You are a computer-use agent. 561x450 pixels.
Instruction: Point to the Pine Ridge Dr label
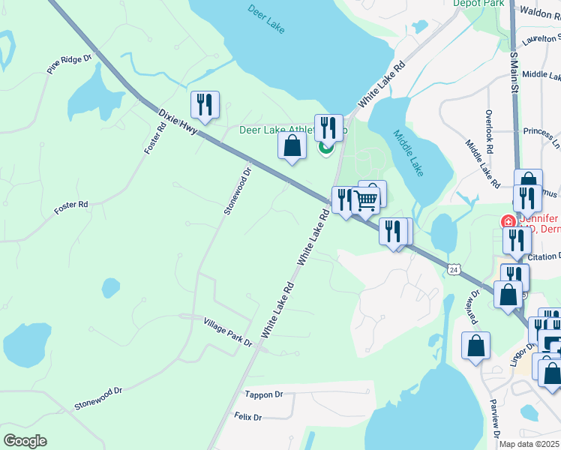(x=68, y=64)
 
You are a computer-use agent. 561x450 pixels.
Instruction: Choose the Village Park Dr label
(x=228, y=331)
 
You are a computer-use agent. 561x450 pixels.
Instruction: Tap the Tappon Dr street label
(x=264, y=394)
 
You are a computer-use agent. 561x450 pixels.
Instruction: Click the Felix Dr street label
(x=247, y=416)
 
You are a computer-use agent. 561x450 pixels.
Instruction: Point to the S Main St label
(x=514, y=73)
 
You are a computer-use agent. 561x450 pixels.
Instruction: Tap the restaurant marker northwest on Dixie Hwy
(x=204, y=106)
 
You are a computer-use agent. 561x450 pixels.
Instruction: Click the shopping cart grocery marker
(x=366, y=200)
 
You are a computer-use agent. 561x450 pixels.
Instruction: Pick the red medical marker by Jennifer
(x=508, y=222)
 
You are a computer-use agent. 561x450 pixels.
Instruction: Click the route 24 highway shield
(x=454, y=268)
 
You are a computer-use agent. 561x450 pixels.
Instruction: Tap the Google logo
(x=25, y=441)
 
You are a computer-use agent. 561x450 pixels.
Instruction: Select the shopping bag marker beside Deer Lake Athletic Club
(x=292, y=146)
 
